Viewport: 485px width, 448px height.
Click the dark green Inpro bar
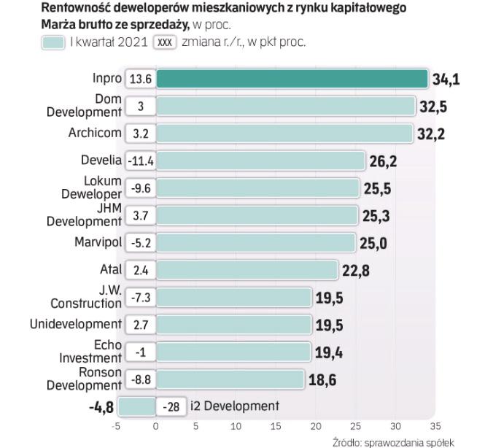[x=292, y=79]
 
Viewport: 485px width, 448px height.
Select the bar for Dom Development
[x=286, y=107]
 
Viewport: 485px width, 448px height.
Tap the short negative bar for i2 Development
[x=136, y=406]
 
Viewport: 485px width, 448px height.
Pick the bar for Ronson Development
[x=230, y=379]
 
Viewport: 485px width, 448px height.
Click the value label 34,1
[x=446, y=79]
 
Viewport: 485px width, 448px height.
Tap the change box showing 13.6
[x=140, y=79]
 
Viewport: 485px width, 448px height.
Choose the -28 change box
[x=172, y=406]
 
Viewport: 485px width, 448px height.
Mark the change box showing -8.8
[x=140, y=379]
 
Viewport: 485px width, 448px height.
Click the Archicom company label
[x=95, y=134]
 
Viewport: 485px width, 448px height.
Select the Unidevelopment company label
[x=75, y=324]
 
